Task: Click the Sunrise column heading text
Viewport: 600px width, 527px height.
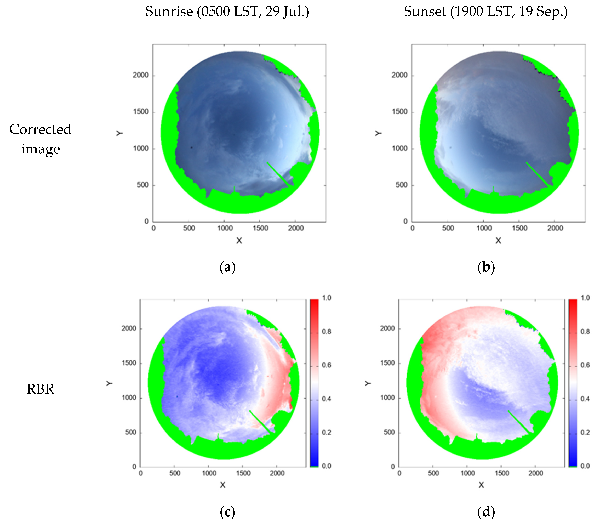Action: coord(227,12)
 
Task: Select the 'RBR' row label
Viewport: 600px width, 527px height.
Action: coord(41,389)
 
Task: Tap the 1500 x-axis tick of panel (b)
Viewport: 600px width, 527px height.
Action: coord(519,228)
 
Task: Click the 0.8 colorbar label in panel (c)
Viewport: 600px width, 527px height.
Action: coord(326,331)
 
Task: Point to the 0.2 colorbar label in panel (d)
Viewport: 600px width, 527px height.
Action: coord(585,432)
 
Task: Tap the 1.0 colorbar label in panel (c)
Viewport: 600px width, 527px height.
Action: coord(326,298)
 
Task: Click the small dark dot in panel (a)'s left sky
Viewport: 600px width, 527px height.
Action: coord(191,147)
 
